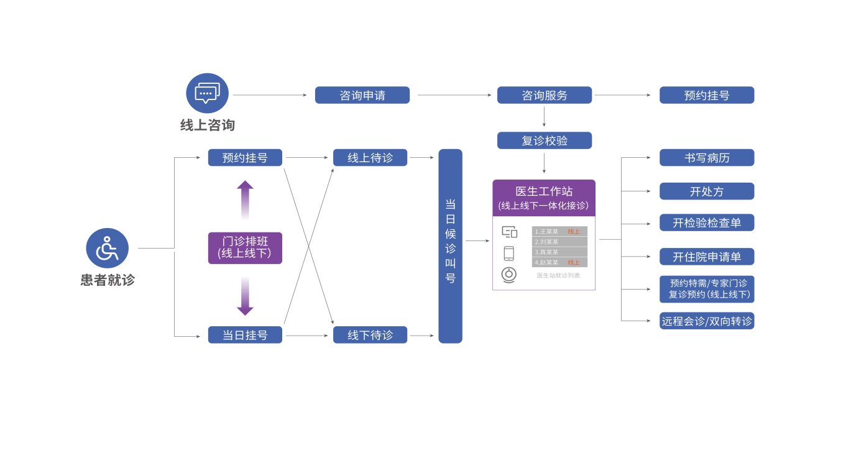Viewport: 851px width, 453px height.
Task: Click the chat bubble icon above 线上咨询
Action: [207, 93]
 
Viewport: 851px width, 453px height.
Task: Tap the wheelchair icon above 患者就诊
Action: [107, 248]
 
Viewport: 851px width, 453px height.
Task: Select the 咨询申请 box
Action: [362, 95]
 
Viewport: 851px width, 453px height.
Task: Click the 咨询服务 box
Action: [545, 95]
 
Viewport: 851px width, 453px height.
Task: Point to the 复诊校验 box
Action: [545, 140]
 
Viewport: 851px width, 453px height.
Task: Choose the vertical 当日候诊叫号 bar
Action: [450, 245]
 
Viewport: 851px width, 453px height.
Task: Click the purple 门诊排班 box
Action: [244, 248]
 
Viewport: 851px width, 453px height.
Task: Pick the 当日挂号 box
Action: [245, 335]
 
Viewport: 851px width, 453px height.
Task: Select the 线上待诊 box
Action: [370, 158]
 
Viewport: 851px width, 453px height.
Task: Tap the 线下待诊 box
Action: [370, 335]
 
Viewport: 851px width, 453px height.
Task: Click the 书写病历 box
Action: [707, 158]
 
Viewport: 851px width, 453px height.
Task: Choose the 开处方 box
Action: [707, 191]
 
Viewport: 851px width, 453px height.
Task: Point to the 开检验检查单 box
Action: [707, 222]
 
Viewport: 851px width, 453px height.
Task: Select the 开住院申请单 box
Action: [707, 257]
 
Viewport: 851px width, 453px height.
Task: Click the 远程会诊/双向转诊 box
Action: [707, 321]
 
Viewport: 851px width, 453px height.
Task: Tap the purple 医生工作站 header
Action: [543, 198]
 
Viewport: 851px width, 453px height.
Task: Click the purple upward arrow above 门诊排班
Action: [245, 199]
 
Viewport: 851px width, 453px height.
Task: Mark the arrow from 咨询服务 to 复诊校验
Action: [544, 117]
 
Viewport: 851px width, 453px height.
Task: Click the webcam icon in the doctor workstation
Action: [509, 274]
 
